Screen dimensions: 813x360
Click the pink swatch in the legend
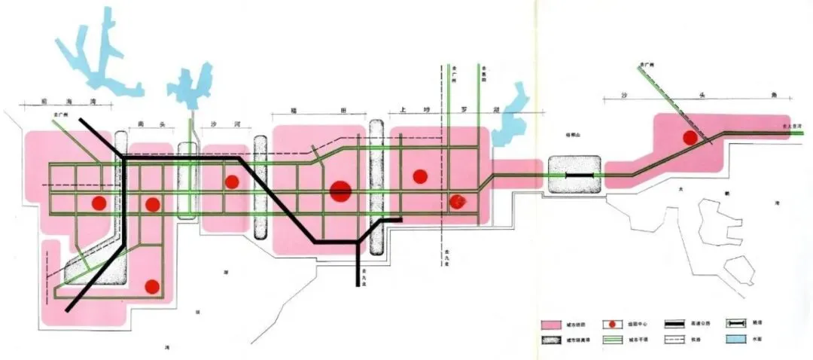(552, 325)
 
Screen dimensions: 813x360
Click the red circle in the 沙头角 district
(689, 137)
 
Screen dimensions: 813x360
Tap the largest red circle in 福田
(340, 191)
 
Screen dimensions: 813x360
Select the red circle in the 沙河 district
(232, 182)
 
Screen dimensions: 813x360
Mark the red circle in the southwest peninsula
(152, 286)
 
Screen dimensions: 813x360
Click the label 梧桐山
(574, 136)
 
